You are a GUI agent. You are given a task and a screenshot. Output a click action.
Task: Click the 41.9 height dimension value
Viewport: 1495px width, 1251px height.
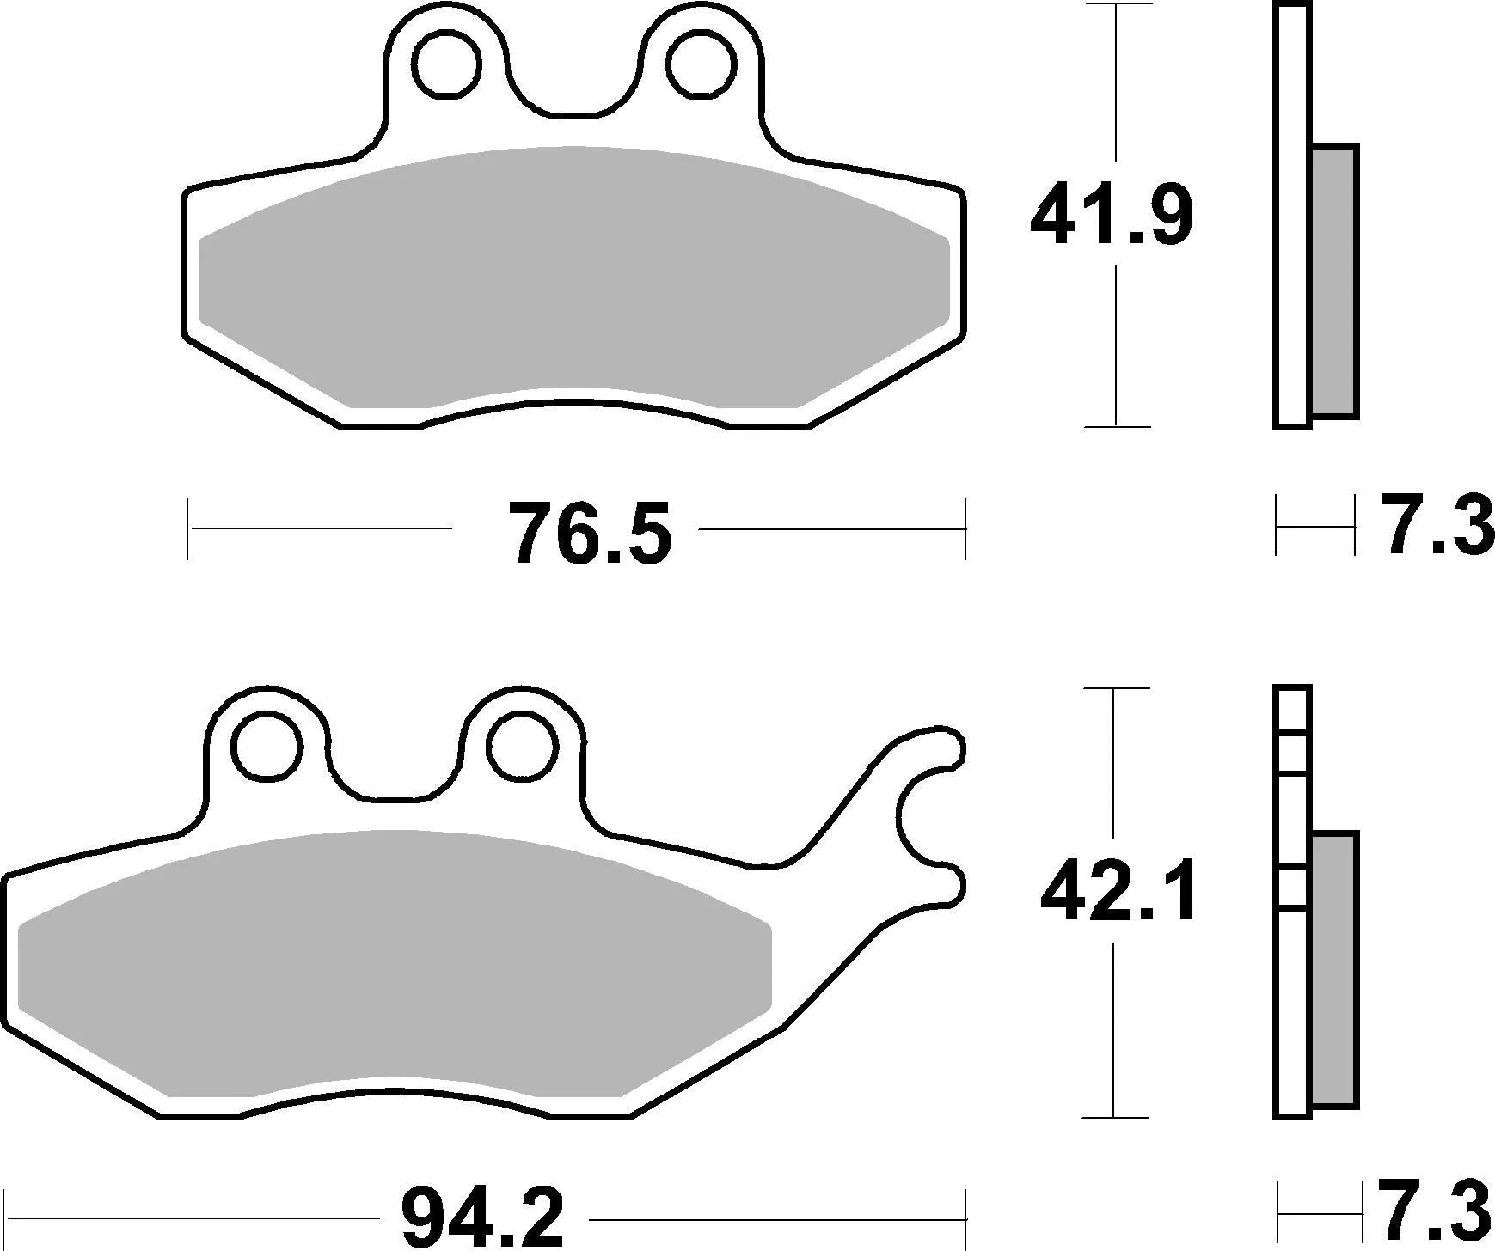pos(1112,215)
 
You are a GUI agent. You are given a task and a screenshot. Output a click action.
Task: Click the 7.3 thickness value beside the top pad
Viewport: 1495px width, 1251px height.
pos(1437,525)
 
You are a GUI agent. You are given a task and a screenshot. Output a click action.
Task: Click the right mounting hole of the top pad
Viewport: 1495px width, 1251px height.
pos(702,64)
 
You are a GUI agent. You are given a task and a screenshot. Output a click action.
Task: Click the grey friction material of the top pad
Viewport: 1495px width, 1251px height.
pos(573,275)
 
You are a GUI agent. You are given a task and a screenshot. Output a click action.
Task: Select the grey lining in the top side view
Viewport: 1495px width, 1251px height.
pos(1334,281)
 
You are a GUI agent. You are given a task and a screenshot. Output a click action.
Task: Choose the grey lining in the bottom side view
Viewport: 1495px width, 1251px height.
pos(1334,968)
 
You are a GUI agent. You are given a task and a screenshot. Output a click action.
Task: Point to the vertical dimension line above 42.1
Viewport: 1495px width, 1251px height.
pos(1114,765)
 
